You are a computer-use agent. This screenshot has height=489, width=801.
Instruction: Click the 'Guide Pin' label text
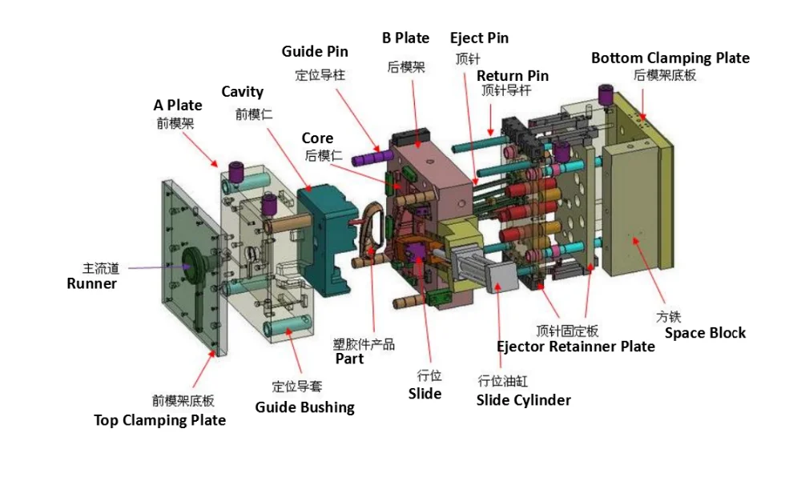315,51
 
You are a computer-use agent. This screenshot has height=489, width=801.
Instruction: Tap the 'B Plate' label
405,38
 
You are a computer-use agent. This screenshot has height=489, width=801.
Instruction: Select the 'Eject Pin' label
479,38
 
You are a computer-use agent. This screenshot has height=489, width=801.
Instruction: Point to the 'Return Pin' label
513,75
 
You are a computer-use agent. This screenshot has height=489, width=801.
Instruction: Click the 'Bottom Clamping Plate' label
670,58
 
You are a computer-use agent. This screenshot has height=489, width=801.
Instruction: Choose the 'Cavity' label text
242,92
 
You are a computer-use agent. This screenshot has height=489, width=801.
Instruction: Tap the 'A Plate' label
178,105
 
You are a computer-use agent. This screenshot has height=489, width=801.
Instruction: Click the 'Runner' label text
92,283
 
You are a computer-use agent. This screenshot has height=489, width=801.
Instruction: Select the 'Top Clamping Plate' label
159,420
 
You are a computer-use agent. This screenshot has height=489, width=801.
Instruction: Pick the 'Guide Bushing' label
304,407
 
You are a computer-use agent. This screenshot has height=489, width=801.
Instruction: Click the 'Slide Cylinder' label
524,400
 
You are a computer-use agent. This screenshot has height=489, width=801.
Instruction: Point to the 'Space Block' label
705,333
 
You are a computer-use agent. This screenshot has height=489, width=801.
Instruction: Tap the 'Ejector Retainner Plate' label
576,347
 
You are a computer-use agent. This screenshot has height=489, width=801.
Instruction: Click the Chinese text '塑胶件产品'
364,344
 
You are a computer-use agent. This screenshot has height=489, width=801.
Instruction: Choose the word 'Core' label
317,138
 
